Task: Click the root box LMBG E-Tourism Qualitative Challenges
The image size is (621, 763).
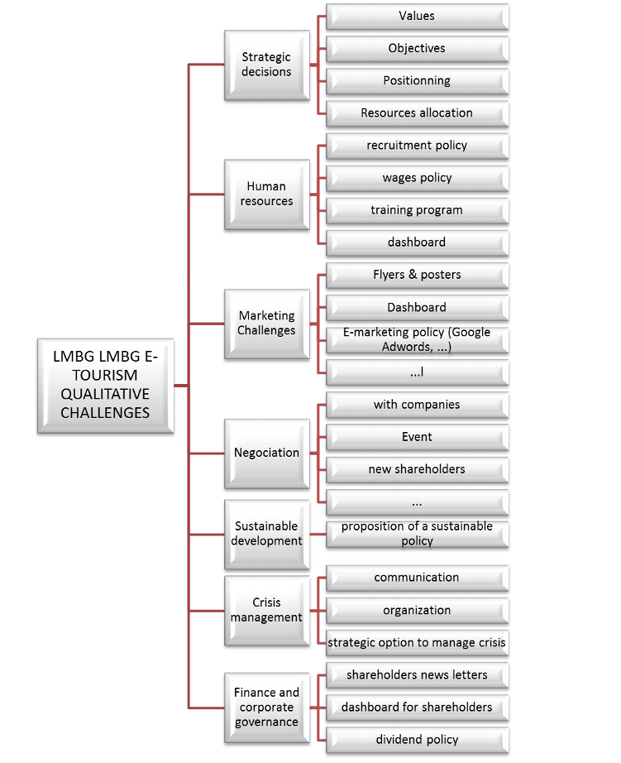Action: click(105, 385)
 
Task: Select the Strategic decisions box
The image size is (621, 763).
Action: click(266, 65)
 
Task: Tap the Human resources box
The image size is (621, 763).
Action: click(266, 194)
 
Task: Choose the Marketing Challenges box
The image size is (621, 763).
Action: click(266, 323)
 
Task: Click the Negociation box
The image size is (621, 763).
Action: click(266, 452)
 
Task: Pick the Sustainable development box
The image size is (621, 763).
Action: click(266, 534)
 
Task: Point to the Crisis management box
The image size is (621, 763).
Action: click(266, 610)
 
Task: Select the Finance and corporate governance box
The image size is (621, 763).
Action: click(266, 707)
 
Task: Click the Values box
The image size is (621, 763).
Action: click(417, 16)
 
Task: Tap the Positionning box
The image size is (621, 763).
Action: click(417, 80)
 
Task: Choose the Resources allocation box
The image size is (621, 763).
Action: click(417, 113)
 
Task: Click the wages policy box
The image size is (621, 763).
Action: click(417, 177)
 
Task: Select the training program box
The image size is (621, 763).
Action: click(417, 209)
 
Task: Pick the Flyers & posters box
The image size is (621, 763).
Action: click(417, 274)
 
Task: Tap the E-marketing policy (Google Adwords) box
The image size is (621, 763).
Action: click(417, 339)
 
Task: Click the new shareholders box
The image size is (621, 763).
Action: click(417, 469)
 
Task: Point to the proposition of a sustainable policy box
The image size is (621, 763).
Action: click(417, 534)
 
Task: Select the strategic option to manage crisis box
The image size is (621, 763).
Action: click(417, 642)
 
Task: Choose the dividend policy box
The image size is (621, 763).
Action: click(417, 739)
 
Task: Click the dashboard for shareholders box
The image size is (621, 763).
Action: click(417, 707)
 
